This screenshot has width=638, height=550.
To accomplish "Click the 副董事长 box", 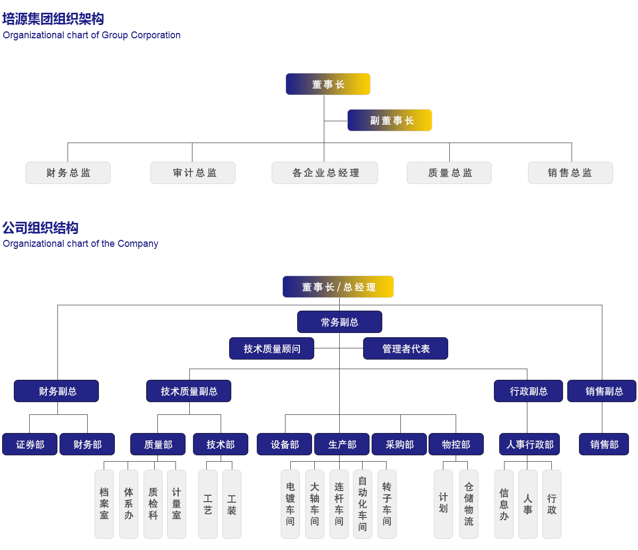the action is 389,120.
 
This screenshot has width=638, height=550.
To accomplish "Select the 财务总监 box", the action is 68,173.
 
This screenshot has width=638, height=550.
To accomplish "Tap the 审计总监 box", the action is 193,173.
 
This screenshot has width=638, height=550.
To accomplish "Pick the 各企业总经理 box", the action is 325,173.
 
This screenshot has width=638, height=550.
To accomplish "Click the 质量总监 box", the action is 449,173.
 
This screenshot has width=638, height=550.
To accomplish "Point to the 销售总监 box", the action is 570,173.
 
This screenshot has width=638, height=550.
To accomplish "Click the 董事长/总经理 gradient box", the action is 338,287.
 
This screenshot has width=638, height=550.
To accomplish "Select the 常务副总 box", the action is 340,322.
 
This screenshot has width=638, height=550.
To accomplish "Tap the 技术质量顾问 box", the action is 272,348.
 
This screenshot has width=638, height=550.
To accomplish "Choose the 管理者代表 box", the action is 406,348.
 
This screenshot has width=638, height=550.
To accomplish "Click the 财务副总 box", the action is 56,391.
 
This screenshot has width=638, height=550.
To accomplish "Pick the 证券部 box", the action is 30,444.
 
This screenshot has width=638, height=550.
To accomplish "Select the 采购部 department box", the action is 399,444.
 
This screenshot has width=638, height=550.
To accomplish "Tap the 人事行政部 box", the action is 530,444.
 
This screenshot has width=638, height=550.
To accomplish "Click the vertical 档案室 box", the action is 104,504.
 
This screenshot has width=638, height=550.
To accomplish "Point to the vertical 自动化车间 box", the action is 363,504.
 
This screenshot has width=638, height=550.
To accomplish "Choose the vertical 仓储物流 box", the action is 469,504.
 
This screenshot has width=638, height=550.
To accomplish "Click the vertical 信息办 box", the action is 504,504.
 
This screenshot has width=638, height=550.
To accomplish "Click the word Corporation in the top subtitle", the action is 156,35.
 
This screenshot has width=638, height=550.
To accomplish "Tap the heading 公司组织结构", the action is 40,228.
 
